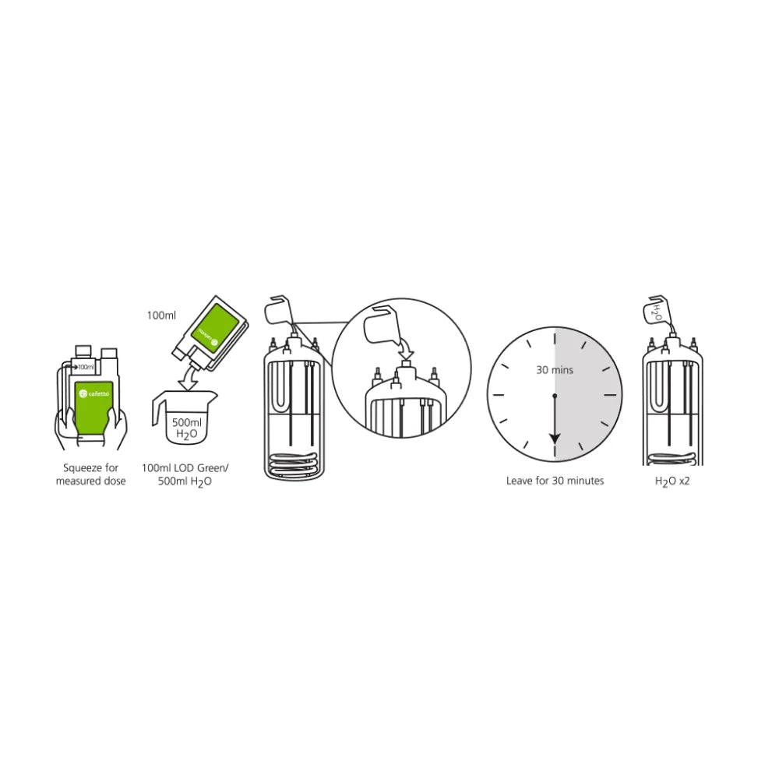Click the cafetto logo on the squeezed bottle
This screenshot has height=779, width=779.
pyautogui.click(x=95, y=396)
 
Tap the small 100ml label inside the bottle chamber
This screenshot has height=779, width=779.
pyautogui.click(x=85, y=366)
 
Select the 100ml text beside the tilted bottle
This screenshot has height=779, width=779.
pyautogui.click(x=162, y=315)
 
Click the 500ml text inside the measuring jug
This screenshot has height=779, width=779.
pyautogui.click(x=186, y=422)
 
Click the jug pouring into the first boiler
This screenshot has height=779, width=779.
pyautogui.click(x=278, y=311)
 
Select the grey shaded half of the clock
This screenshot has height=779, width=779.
pyautogui.click(x=588, y=397)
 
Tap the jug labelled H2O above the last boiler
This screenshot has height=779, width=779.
pyautogui.click(x=657, y=310)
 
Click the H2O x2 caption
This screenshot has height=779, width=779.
pyautogui.click(x=671, y=481)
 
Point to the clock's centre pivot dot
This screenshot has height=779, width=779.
pyautogui.click(x=554, y=396)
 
